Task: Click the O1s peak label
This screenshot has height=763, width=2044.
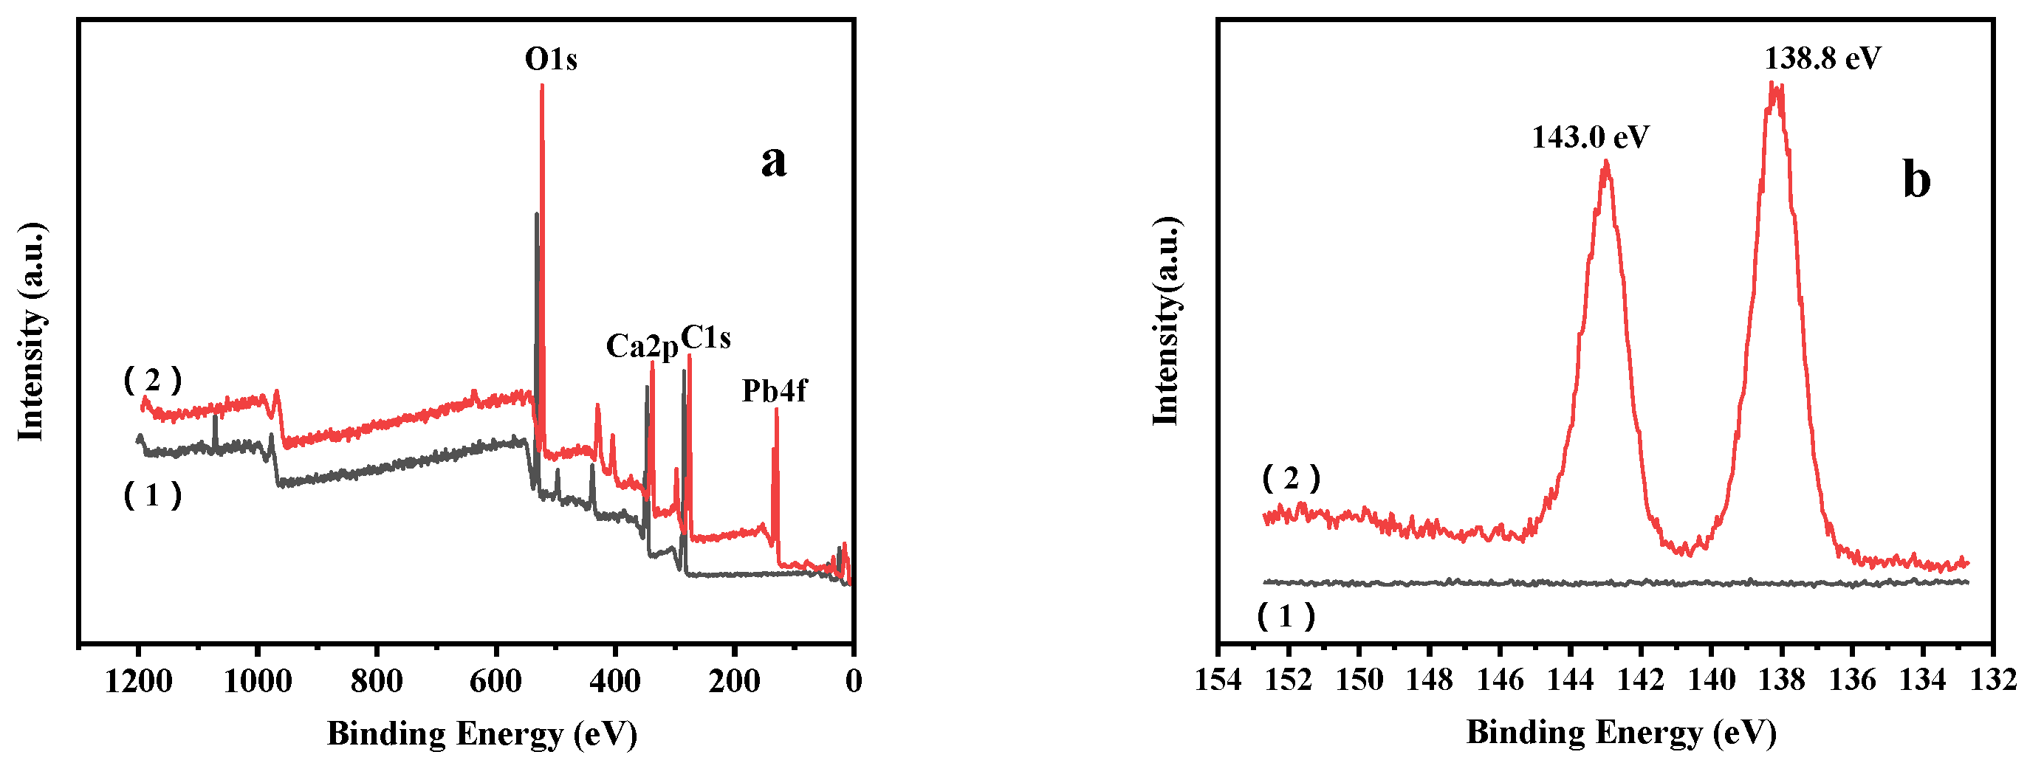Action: pyautogui.click(x=551, y=60)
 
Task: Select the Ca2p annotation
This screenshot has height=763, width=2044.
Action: pyautogui.click(x=642, y=346)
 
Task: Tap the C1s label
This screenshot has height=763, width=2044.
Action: pyautogui.click(x=705, y=338)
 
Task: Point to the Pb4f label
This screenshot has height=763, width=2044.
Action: pyautogui.click(x=774, y=390)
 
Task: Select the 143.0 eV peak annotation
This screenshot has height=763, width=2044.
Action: pyautogui.click(x=1590, y=137)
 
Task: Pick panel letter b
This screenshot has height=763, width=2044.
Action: pyautogui.click(x=1916, y=179)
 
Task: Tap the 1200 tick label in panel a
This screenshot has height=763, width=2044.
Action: pyautogui.click(x=138, y=680)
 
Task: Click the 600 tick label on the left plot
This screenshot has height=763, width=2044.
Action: pyautogui.click(x=496, y=680)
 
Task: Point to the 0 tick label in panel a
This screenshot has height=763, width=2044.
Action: pyautogui.click(x=853, y=680)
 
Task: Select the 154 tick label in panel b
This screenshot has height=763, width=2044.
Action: pyautogui.click(x=1218, y=680)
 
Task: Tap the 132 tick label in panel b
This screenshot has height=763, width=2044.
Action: pyautogui.click(x=1993, y=680)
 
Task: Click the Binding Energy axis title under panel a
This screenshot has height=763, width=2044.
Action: pyautogui.click(x=481, y=733)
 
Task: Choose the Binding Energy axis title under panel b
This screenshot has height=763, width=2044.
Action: pyautogui.click(x=1620, y=732)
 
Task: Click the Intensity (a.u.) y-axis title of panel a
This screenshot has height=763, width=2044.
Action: pyautogui.click(x=31, y=331)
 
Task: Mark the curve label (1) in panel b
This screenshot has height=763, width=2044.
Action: pyautogui.click(x=1286, y=616)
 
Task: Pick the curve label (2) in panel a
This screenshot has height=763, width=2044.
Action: pyautogui.click(x=152, y=381)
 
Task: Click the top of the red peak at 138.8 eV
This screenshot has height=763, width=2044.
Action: pyautogui.click(x=1775, y=86)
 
